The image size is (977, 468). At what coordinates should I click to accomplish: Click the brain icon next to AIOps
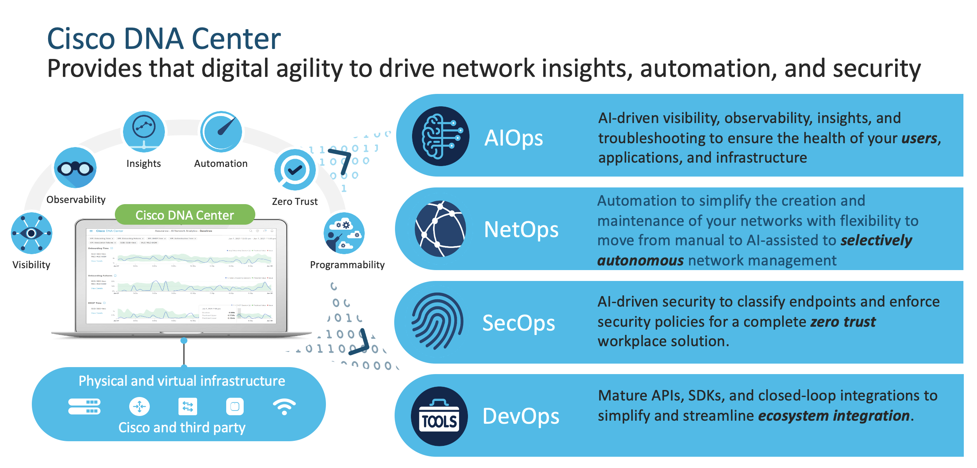440,136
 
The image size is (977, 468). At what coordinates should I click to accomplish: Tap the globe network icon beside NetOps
440,229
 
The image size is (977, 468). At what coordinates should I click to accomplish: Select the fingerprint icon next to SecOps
438,321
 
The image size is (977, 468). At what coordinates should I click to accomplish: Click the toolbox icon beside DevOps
439,416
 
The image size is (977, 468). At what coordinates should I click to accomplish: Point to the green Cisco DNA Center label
185,215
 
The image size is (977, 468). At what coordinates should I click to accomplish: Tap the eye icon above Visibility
31,233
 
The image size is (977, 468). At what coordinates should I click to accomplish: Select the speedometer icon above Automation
221,132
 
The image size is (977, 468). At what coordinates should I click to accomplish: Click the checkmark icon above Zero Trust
295,170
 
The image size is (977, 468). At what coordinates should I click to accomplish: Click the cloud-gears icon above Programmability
344,233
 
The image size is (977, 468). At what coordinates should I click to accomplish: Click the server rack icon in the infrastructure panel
84,407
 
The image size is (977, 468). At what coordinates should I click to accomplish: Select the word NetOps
521,229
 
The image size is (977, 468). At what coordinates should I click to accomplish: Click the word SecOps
518,323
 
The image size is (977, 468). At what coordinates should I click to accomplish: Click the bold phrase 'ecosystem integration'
834,416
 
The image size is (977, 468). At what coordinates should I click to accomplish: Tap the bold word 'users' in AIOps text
919,138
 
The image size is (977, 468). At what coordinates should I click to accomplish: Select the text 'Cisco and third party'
182,428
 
